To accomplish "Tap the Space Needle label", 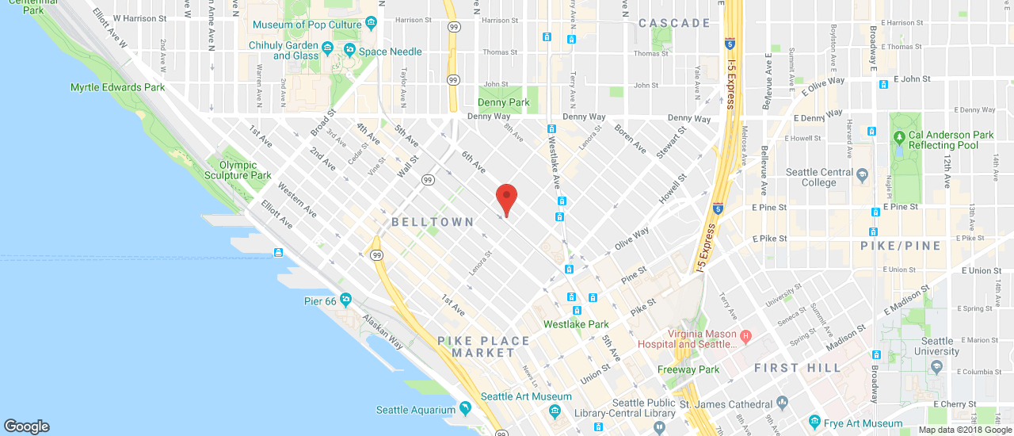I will [390, 52].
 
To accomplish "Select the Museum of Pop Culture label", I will [307, 25].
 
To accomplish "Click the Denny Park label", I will [503, 102].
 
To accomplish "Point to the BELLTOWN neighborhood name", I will [432, 223].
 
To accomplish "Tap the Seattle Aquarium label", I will [415, 410].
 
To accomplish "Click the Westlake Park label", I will [576, 324].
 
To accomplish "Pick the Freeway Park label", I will [688, 369].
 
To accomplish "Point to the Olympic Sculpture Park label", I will [238, 170].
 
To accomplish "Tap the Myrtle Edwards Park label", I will [117, 87].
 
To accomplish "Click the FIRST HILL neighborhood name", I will [798, 368].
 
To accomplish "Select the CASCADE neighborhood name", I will [674, 23].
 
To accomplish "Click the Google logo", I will [26, 426].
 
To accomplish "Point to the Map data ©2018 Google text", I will [965, 430].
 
